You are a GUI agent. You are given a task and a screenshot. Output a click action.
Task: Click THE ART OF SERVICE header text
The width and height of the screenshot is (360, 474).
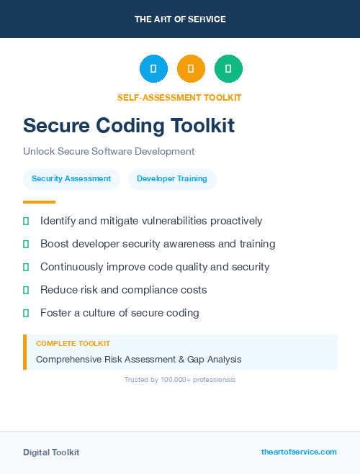(x=180, y=19)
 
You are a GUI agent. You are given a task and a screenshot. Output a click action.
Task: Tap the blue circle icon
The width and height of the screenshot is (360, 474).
(x=153, y=69)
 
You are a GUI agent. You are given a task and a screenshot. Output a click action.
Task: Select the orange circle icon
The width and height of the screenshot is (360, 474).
(x=191, y=69)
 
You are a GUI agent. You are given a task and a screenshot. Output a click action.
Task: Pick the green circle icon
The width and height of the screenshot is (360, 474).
(x=228, y=69)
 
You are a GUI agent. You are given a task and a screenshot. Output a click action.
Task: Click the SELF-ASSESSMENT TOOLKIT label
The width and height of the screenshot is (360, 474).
(x=179, y=97)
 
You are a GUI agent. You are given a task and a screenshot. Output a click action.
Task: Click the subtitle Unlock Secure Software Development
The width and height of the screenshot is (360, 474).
(x=109, y=152)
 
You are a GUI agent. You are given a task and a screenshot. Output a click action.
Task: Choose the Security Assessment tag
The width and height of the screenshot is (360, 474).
(x=71, y=178)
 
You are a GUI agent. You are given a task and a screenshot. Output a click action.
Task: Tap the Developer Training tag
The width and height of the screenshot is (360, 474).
(x=172, y=178)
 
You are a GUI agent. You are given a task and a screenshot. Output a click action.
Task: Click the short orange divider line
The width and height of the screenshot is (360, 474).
(x=39, y=202)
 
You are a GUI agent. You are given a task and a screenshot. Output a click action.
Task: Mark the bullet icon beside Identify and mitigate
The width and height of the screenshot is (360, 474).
(x=26, y=221)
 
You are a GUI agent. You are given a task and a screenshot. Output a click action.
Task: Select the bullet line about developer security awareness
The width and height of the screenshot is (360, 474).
(x=158, y=244)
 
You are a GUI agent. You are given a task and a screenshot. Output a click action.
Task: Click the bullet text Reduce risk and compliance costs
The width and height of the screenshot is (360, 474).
(x=123, y=290)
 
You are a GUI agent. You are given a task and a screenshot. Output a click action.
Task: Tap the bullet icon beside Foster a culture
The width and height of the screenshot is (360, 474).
(x=26, y=313)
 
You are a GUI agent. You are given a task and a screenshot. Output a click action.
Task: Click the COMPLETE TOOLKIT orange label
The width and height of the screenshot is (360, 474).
(x=73, y=344)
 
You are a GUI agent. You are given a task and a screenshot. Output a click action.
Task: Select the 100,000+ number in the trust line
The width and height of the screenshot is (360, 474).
(x=175, y=379)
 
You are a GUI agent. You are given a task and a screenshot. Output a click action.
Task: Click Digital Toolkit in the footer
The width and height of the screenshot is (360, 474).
(x=51, y=452)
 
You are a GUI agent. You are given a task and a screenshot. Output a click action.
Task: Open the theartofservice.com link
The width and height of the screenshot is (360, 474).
(x=299, y=452)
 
